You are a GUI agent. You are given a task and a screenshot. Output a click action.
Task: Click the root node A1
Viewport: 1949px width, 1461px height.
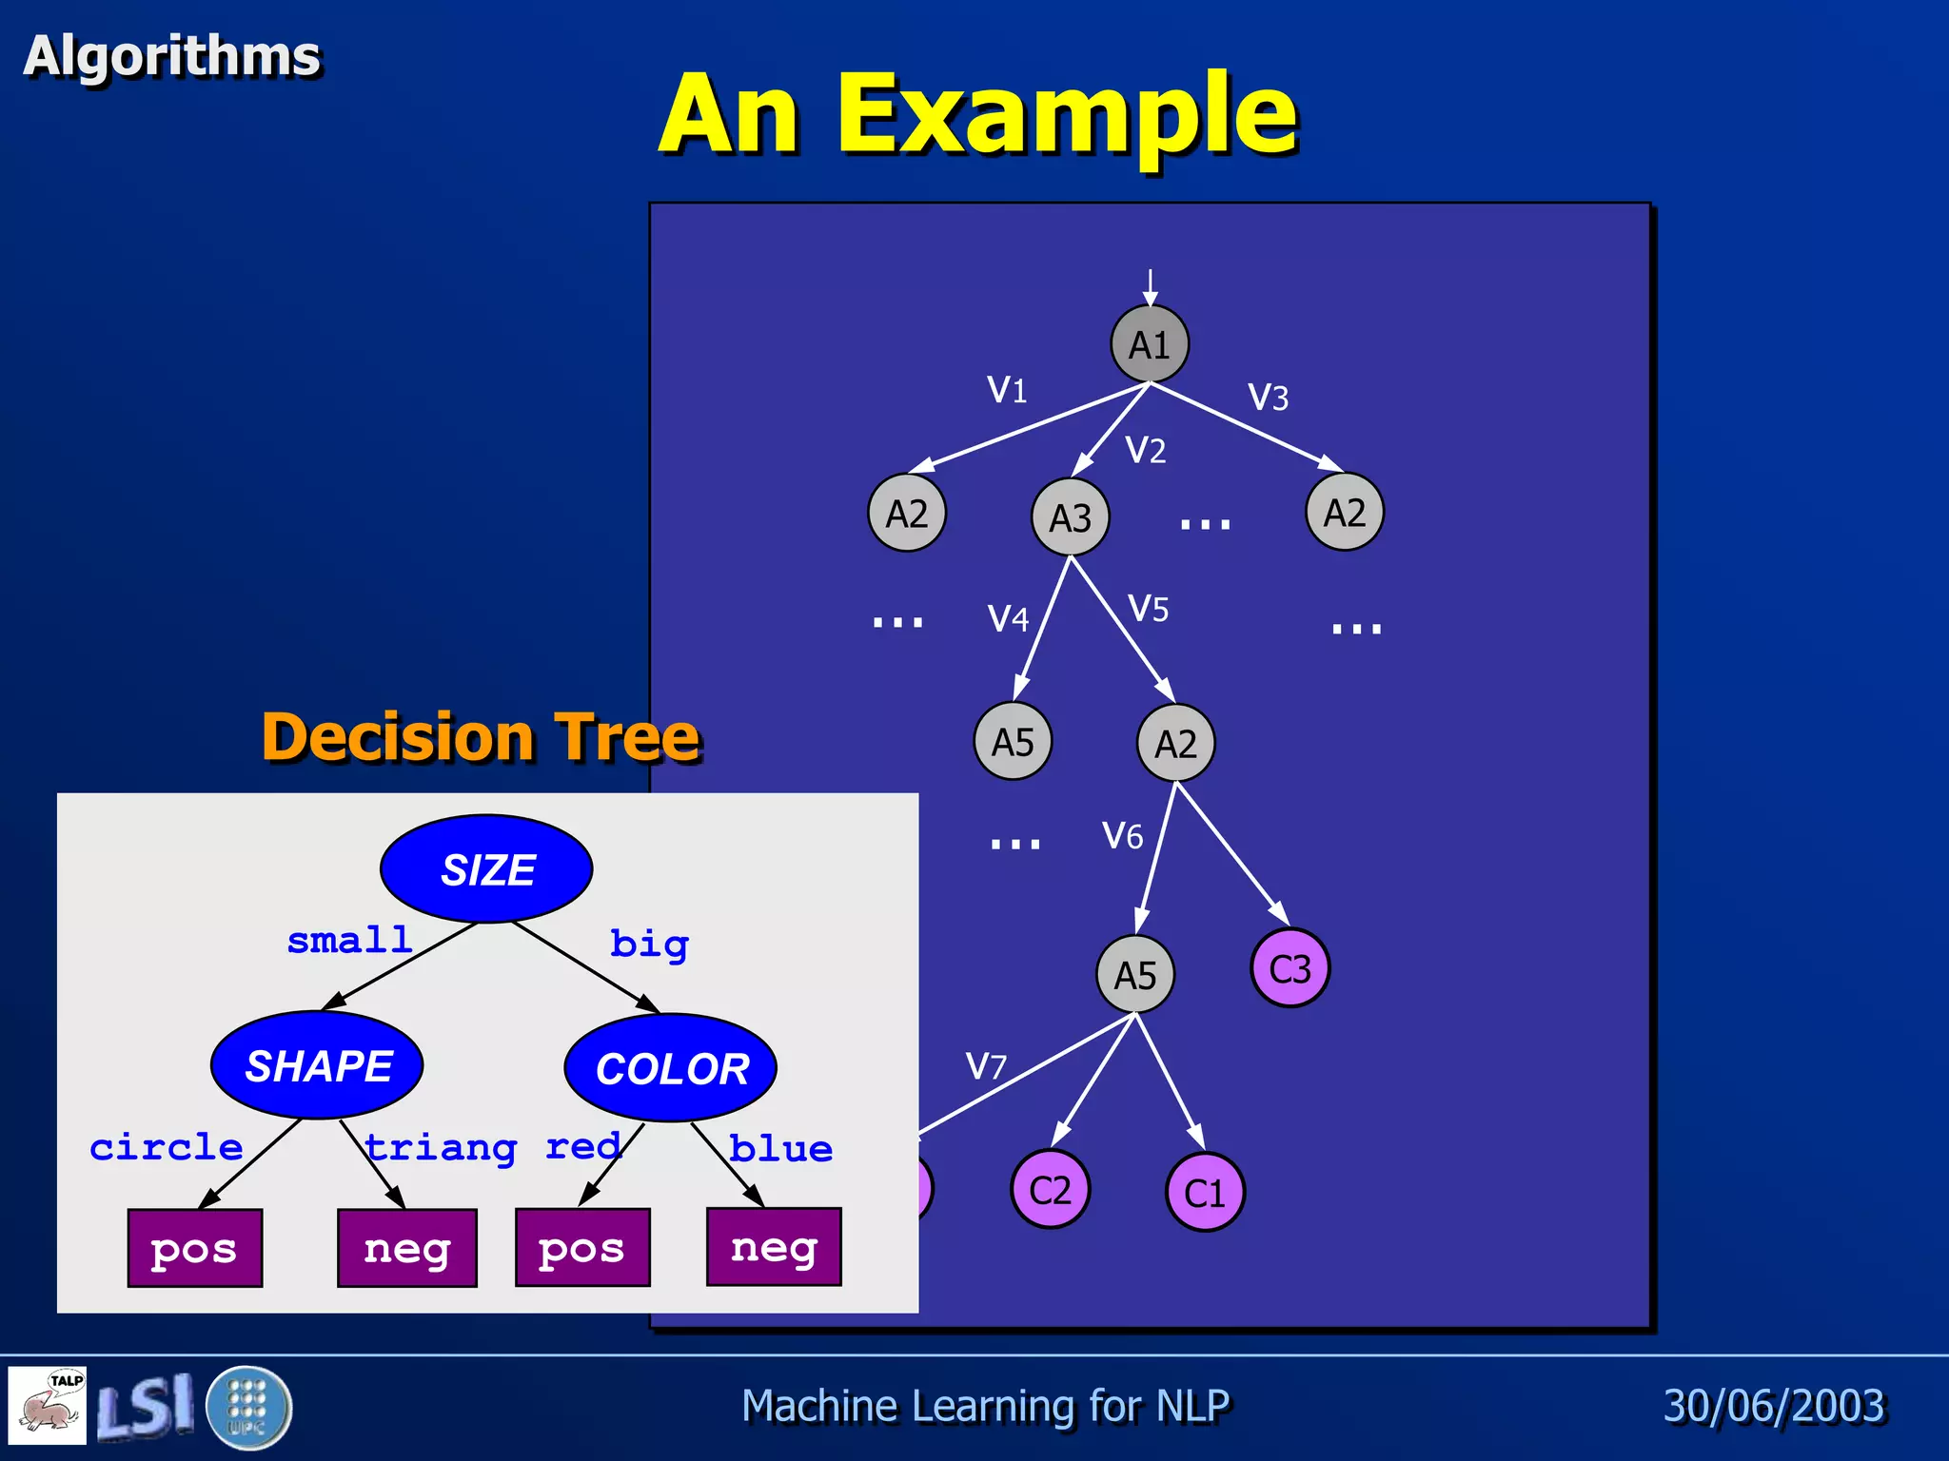click(1150, 344)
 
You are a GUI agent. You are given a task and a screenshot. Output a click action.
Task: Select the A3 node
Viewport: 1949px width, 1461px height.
click(1071, 518)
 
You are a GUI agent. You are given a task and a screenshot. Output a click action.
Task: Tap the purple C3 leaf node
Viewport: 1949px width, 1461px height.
click(1289, 969)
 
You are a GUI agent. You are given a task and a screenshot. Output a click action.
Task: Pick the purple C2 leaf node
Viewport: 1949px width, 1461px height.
click(1050, 1190)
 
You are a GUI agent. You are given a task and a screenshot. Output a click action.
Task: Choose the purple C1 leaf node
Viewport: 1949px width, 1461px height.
click(1205, 1193)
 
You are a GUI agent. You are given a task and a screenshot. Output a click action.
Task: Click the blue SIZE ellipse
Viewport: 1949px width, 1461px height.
click(486, 869)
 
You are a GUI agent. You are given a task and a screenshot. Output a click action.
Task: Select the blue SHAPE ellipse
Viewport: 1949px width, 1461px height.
click(317, 1065)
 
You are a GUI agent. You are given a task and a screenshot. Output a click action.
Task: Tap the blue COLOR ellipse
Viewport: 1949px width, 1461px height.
click(671, 1068)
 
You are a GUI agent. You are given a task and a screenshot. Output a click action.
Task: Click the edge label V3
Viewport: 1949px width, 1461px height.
click(1268, 398)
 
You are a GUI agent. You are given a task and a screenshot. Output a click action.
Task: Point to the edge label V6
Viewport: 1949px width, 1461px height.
click(1122, 836)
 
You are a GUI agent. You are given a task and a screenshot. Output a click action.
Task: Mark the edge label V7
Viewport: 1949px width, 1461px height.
click(985, 1066)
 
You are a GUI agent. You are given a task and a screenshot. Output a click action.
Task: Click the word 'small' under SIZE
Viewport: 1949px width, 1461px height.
click(349, 940)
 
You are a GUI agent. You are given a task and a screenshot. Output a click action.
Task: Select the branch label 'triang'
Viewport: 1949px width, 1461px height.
click(441, 1148)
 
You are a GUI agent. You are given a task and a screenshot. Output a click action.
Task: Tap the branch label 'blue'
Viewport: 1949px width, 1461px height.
click(780, 1149)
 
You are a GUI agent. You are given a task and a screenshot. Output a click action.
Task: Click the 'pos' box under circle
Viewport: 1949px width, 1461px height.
click(195, 1249)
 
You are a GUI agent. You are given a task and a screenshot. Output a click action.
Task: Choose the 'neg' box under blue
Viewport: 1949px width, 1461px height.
click(774, 1247)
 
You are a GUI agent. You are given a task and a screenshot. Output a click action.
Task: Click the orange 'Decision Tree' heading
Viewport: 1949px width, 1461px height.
click(481, 737)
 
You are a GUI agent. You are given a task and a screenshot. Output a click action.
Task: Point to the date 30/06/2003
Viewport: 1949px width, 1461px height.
click(1774, 1406)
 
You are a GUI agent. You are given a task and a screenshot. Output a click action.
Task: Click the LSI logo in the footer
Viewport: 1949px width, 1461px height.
click(145, 1407)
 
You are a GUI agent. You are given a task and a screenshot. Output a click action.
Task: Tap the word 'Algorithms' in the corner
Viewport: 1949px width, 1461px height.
click(172, 55)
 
